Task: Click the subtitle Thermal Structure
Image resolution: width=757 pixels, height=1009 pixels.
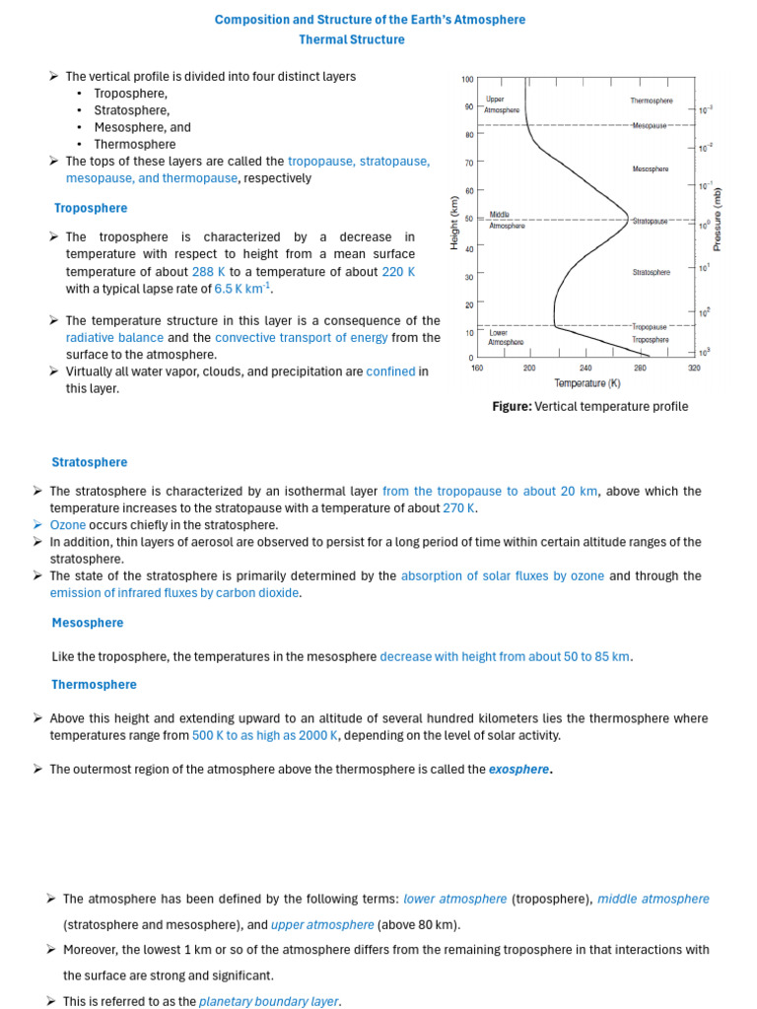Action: click(352, 39)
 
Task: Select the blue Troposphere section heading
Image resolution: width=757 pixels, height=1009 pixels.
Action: click(90, 208)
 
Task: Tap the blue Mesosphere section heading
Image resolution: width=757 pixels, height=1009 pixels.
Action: click(87, 623)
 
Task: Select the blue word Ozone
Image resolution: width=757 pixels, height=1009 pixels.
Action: click(68, 525)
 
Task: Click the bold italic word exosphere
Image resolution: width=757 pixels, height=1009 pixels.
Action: click(518, 770)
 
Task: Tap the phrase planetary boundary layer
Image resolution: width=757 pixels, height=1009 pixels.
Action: click(269, 1001)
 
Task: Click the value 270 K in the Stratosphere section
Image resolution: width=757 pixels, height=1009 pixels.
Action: click(458, 508)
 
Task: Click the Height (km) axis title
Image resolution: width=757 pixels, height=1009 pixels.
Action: click(454, 221)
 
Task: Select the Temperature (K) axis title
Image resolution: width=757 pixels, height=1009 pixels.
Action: click(586, 383)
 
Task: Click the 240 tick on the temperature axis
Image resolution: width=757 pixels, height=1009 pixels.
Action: click(585, 368)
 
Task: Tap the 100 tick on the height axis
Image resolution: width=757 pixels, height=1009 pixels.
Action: click(467, 79)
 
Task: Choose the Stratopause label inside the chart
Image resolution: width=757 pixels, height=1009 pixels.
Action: click(651, 221)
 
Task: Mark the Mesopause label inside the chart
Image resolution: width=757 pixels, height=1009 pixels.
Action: click(651, 126)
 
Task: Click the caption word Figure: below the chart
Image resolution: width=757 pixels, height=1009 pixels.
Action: click(512, 406)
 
